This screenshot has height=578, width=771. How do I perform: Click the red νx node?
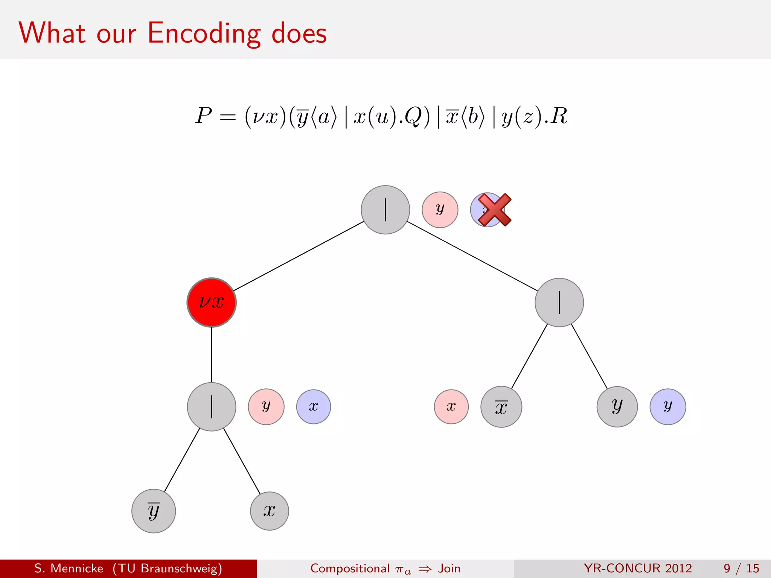coord(212,302)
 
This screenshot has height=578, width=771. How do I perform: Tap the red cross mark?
coord(494,210)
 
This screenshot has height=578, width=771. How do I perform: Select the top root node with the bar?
coord(385,210)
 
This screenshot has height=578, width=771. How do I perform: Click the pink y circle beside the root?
coord(440,210)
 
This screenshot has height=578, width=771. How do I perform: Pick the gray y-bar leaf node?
coord(154,511)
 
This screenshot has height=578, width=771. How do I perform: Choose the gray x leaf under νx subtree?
coord(270,511)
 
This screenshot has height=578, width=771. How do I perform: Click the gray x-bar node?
coord(501,407)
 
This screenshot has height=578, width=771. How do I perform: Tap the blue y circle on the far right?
coord(667,407)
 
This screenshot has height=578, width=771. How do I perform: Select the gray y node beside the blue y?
coord(617,407)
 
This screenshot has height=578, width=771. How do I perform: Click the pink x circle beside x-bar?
coord(451,407)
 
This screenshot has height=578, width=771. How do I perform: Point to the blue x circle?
coord(313,407)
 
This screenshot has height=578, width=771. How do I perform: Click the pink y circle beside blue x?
coord(266,407)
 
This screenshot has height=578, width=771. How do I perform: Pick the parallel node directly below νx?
coord(212,407)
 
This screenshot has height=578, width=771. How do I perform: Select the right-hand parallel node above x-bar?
coord(559,302)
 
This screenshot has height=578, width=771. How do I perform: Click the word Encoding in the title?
coord(204,33)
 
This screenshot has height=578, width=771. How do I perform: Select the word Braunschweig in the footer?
coord(181,568)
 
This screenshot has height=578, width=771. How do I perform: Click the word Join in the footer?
coord(449,568)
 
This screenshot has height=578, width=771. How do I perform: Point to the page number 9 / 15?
coord(741,568)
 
